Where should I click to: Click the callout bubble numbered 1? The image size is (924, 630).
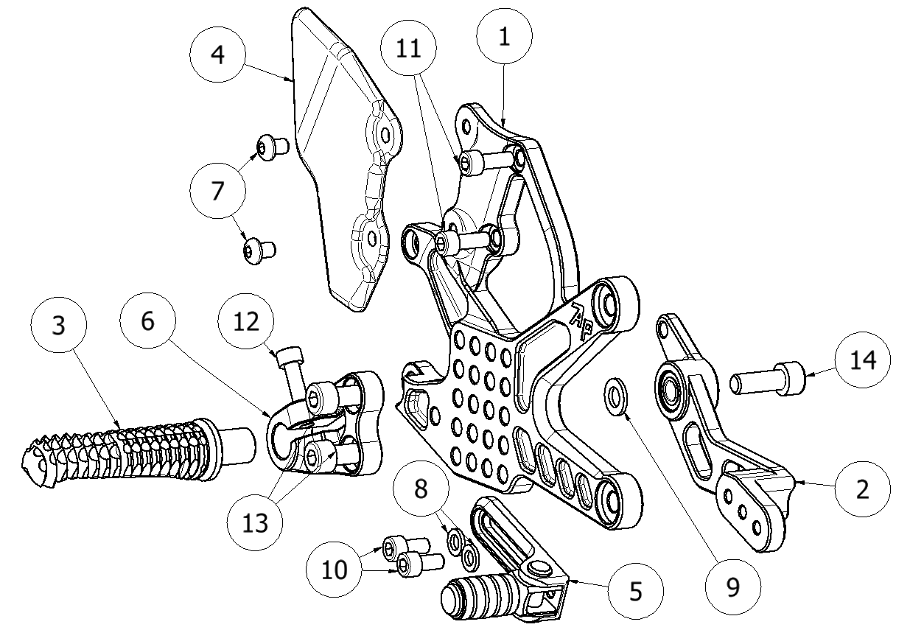coord(504,38)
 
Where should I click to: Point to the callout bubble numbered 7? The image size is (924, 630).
coord(217,191)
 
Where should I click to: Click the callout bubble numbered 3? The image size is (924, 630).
coord(60,326)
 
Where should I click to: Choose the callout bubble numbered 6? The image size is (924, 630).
coord(148,321)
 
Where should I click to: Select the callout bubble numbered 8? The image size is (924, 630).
coord(421,490)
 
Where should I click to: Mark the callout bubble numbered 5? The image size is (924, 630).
coord(635,591)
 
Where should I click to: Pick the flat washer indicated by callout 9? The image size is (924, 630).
coord(615,393)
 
